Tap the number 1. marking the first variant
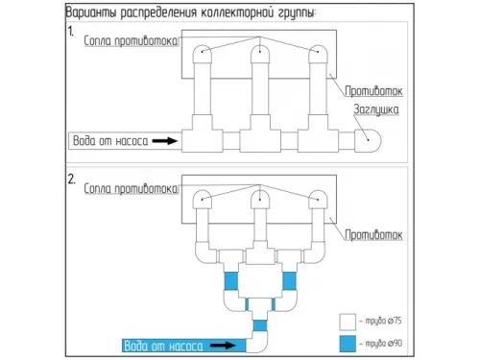point(70,32)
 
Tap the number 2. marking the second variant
point(70,179)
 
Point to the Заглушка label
point(376,110)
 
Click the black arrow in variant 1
point(166,141)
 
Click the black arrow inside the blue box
point(224,344)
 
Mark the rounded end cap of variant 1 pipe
point(371,140)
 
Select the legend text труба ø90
point(386,343)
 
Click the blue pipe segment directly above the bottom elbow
point(260,326)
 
